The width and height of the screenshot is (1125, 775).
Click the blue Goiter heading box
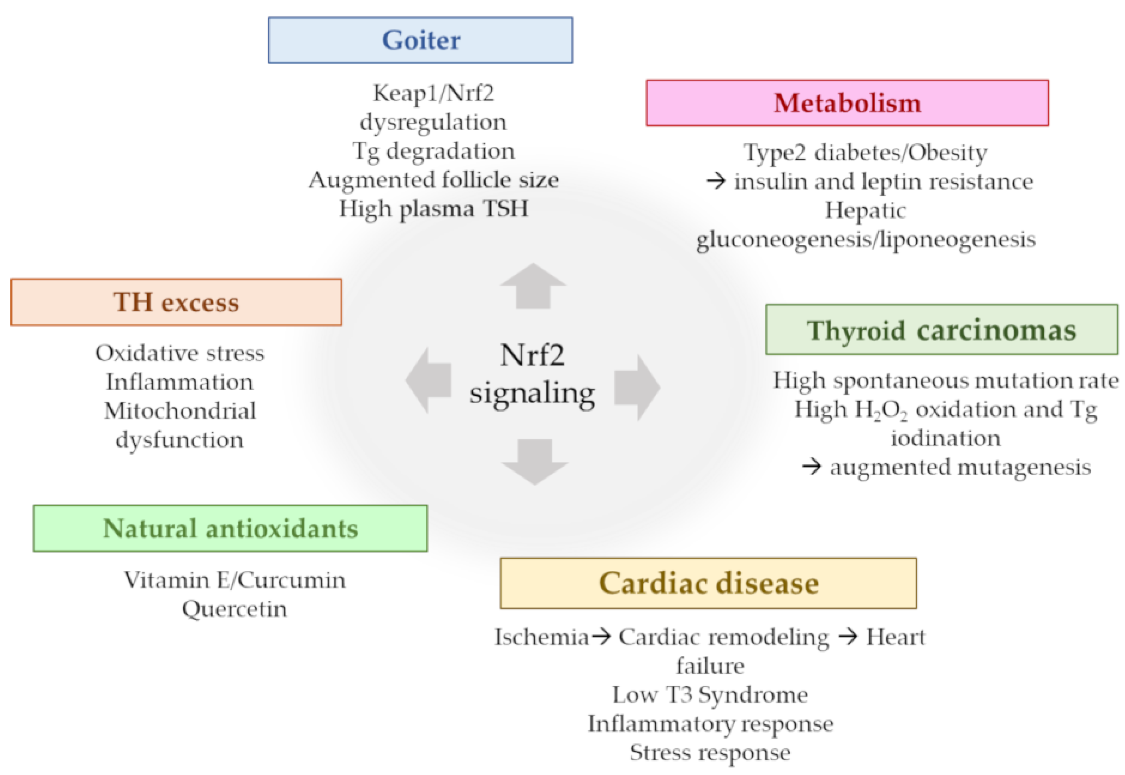click(x=420, y=40)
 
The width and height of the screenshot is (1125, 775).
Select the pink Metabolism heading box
click(x=847, y=103)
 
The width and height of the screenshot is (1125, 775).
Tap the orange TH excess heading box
click(x=176, y=302)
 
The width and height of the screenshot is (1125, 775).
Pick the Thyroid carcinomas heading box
click(x=941, y=330)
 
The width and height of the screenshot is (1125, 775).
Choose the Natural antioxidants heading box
click(x=230, y=528)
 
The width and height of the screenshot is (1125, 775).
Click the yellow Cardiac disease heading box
click(x=708, y=583)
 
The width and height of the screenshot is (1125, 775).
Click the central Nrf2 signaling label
click(x=532, y=374)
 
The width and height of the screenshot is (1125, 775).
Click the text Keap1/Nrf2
click(x=433, y=93)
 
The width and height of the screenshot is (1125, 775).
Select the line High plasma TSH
click(x=433, y=209)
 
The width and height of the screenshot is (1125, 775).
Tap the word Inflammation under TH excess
click(x=180, y=382)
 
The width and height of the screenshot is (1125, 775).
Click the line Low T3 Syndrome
click(x=710, y=694)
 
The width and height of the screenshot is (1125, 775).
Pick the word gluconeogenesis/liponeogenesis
click(x=865, y=239)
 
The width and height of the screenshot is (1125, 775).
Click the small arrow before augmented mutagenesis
click(x=811, y=467)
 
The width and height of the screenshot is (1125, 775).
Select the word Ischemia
click(x=541, y=637)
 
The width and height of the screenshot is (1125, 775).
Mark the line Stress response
click(x=710, y=752)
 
